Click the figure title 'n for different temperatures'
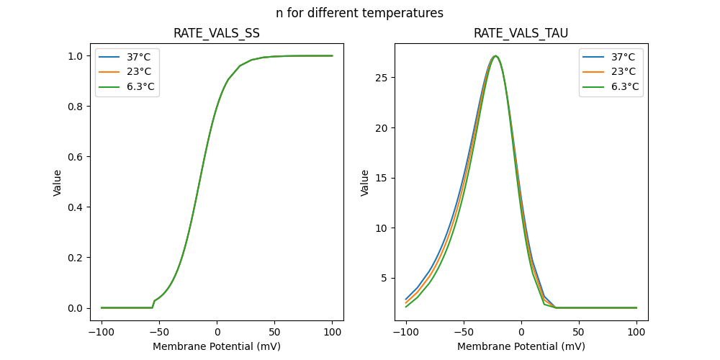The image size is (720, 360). pos(359,13)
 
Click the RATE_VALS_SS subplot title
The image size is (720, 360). pos(217,33)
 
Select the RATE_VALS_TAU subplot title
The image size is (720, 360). pos(521,33)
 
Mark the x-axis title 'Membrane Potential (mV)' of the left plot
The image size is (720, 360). pos(217,346)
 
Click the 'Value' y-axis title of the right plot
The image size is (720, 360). pos(365,183)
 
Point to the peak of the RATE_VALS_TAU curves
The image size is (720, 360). pos(495,55)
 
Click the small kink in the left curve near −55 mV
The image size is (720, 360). pos(153,301)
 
